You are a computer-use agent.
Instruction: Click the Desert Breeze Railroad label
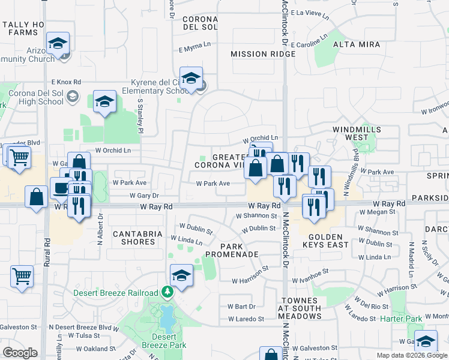(x=115, y=293)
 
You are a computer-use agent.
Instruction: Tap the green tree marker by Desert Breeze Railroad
(x=169, y=293)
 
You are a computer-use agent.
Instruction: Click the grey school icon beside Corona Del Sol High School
(x=73, y=96)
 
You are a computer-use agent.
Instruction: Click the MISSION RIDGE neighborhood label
(x=263, y=54)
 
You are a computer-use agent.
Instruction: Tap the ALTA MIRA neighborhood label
(x=357, y=44)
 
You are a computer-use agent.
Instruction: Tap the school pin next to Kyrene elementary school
(x=191, y=80)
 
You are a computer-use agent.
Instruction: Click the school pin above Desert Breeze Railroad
(x=181, y=275)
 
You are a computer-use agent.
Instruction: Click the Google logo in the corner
(x=20, y=353)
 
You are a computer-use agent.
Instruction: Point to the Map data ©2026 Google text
(x=411, y=355)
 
